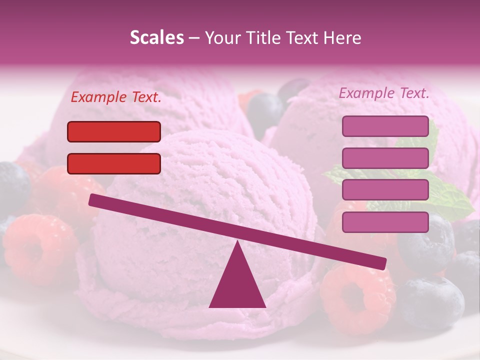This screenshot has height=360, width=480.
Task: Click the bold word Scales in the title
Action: pos(156,38)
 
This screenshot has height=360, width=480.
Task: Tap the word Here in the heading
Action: pos(342,38)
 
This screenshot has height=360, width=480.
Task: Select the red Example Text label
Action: pos(116,97)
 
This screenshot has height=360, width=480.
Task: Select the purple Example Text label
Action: pos(384,93)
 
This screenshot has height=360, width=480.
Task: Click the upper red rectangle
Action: pos(114,131)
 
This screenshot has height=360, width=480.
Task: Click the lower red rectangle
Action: pos(114,163)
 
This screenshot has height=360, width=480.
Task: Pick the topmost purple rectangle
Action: pos(385,126)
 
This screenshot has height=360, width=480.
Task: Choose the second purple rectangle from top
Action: pos(385,158)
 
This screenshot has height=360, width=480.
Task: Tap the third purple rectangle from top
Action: pos(385,190)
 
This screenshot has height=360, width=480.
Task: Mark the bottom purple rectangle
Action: pos(385,222)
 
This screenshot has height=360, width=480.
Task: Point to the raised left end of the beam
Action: pos(95,200)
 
